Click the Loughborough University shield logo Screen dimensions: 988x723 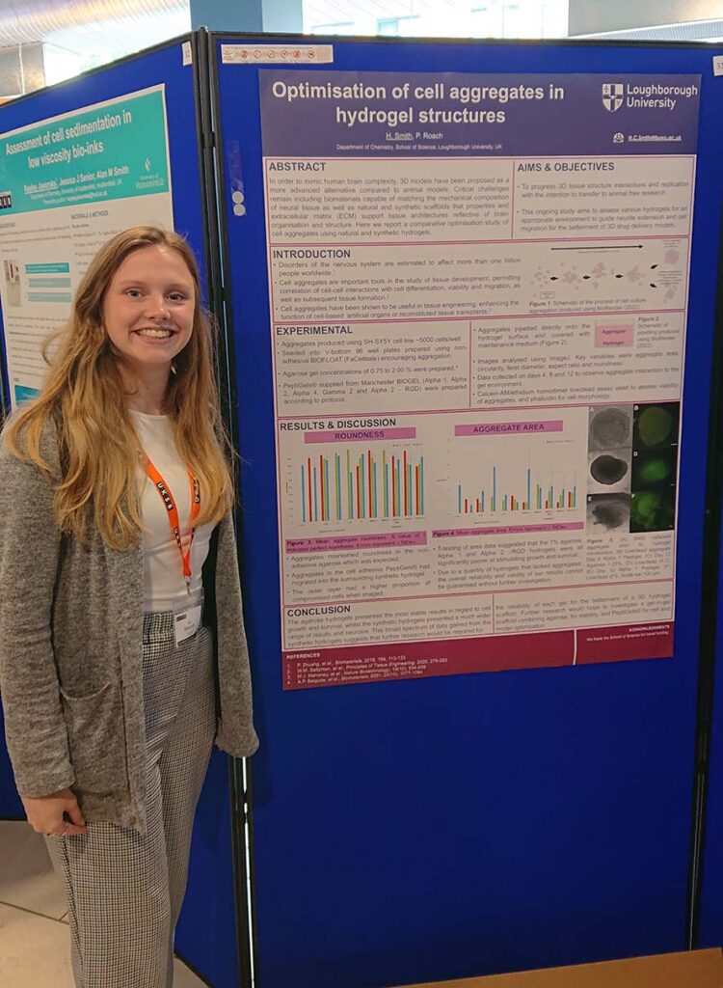[613, 96]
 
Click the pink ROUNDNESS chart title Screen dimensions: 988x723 [360, 435]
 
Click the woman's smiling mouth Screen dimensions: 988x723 [155, 333]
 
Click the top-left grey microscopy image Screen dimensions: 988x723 [609, 427]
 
